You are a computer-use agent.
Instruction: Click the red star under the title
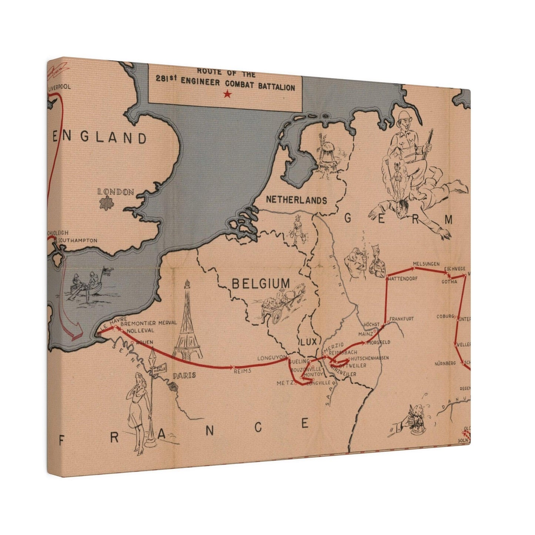click(x=227, y=95)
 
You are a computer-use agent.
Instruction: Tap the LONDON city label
click(x=115, y=192)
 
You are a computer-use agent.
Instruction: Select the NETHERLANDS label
click(x=297, y=200)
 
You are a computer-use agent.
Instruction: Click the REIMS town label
click(x=243, y=371)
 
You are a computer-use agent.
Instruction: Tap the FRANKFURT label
click(x=401, y=318)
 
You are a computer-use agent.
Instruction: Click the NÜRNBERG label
click(x=445, y=363)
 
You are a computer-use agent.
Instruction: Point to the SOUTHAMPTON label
click(x=78, y=240)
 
